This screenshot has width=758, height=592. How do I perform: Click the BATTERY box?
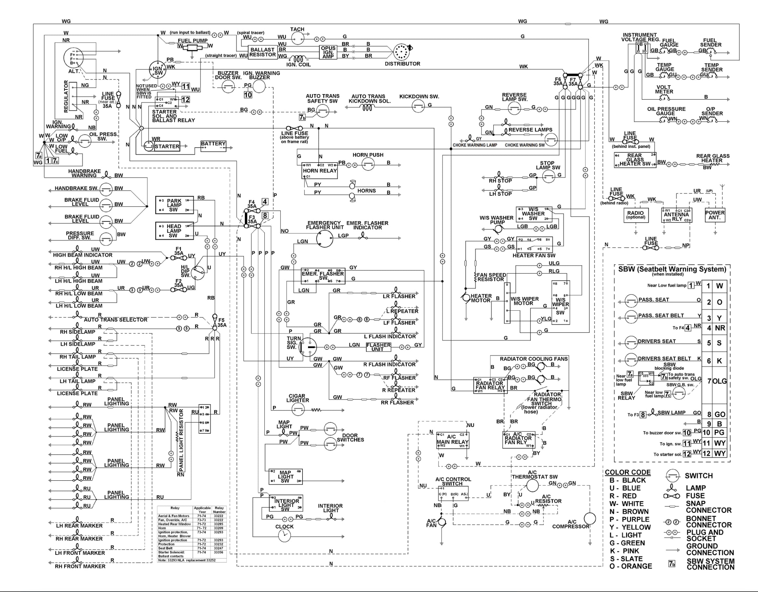213,146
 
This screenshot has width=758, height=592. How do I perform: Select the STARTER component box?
167,147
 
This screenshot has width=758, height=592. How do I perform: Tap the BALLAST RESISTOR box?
263,52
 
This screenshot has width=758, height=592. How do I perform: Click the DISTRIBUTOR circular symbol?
401,52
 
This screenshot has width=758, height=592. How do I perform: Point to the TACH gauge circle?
297,39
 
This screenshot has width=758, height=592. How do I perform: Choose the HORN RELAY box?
320,171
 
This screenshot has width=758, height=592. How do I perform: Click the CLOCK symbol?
284,536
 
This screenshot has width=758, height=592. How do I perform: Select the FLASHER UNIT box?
378,347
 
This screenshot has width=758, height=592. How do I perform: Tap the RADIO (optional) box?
636,215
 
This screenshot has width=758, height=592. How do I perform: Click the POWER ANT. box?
715,215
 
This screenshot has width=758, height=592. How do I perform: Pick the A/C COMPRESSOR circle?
590,518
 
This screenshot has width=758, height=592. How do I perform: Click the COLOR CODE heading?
627,472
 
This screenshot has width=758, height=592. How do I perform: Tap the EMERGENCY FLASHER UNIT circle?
325,239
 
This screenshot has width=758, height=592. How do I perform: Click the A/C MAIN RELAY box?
452,440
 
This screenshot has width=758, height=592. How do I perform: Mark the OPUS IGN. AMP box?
328,52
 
